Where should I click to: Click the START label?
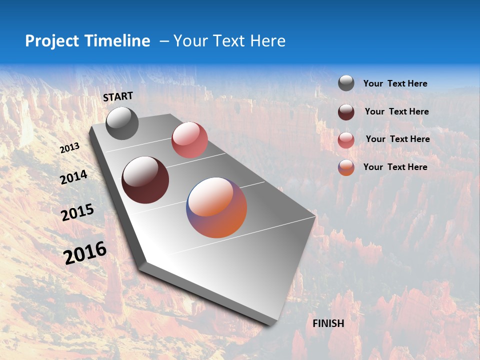point(118,96)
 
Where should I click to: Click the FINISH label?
point(328,323)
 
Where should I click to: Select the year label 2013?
point(69,148)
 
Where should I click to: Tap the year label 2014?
point(73,177)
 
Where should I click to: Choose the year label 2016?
point(85,253)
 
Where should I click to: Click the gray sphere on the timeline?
point(122,123)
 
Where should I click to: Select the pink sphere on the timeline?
point(189,140)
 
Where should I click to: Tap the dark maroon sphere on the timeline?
point(145,180)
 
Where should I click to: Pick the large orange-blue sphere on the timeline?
point(216,207)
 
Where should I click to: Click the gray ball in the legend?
point(346,83)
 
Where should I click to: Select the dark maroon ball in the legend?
point(346,112)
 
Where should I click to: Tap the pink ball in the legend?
point(346,140)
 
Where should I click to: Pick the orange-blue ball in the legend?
point(346,167)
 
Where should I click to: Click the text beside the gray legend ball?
point(395,83)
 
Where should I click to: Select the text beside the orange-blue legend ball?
point(395,167)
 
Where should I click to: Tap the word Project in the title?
point(52,41)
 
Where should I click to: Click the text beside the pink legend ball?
point(397,139)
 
